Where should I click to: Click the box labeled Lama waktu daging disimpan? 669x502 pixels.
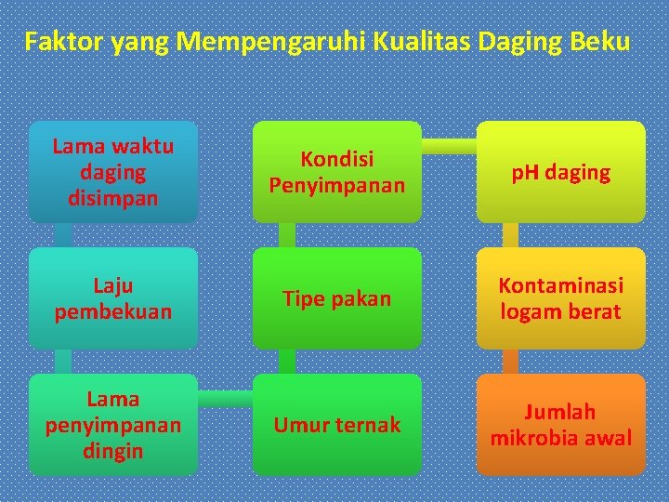click(x=112, y=172)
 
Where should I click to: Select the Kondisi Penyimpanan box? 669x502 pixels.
click(x=336, y=172)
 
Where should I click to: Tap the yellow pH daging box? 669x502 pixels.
click(x=560, y=172)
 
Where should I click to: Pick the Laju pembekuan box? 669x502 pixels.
click(x=112, y=298)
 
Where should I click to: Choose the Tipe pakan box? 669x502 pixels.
click(x=336, y=298)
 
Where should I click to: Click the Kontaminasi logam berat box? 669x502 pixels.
click(x=560, y=298)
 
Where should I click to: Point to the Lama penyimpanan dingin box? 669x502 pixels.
click(x=112, y=425)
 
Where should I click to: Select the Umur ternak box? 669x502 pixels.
click(x=336, y=425)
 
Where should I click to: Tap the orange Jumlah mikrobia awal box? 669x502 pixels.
click(x=560, y=425)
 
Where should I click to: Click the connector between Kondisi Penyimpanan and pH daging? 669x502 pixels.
click(x=449, y=145)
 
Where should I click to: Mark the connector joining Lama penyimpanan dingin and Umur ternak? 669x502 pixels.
click(x=225, y=399)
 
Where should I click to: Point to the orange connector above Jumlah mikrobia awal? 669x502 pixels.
click(x=510, y=362)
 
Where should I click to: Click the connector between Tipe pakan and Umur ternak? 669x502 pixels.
click(x=287, y=362)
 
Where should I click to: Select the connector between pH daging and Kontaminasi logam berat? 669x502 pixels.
click(x=510, y=235)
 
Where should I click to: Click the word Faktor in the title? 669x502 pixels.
click(x=64, y=42)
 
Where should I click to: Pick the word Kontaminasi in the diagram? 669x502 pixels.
click(x=560, y=285)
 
